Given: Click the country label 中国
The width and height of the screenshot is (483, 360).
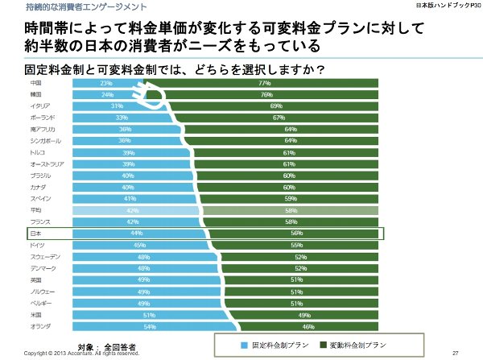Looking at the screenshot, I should (x=35, y=83).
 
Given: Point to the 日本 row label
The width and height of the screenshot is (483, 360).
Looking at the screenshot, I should (x=35, y=234).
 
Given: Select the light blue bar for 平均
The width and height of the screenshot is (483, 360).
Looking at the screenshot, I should (x=113, y=210).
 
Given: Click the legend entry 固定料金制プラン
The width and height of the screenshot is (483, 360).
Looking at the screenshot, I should (x=274, y=344).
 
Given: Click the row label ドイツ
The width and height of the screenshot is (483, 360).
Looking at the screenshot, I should (x=36, y=245).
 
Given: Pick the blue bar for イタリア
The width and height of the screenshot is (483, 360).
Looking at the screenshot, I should (x=89, y=106).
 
